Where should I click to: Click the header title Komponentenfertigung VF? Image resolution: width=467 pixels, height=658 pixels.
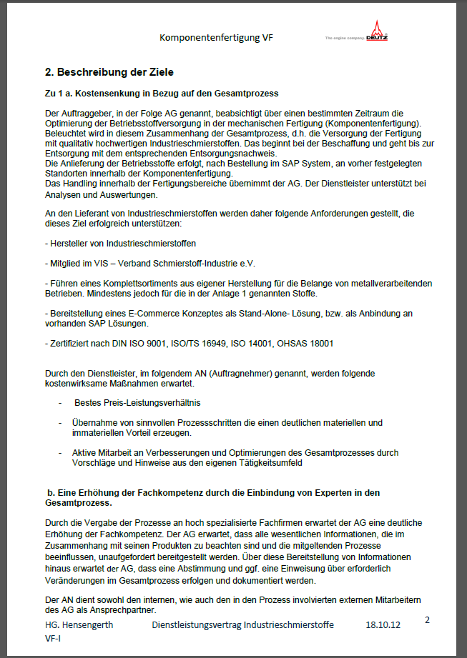pyautogui.click(x=216, y=37)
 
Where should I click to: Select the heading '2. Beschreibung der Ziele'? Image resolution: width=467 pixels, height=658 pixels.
pyautogui.click(x=109, y=72)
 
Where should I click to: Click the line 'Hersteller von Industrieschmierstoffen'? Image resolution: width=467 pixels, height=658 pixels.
pyautogui.click(x=120, y=244)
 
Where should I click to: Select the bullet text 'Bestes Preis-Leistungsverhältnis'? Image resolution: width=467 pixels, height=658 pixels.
pyautogui.click(x=137, y=403)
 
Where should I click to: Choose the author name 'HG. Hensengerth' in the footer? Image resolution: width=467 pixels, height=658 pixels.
pyautogui.click(x=79, y=624)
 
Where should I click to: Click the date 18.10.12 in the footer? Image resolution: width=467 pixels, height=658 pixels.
pyautogui.click(x=383, y=624)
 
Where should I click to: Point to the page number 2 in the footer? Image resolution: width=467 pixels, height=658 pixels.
pyautogui.click(x=427, y=619)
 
